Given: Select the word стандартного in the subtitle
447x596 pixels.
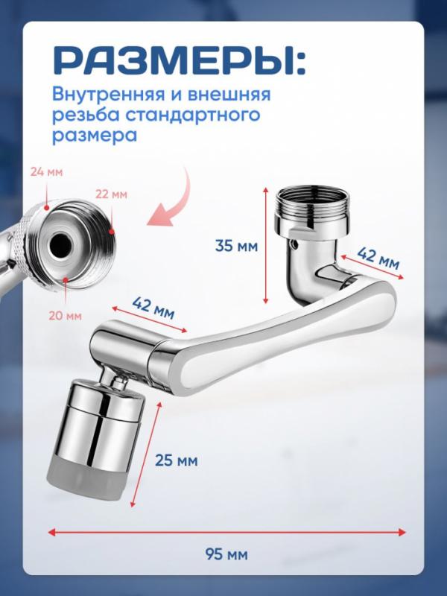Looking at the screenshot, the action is [x=193, y=115].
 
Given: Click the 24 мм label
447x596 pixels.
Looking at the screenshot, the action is [x=46, y=172].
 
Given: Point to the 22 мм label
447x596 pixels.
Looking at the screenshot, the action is [x=111, y=194].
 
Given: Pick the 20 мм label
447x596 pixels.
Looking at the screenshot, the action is [x=65, y=315].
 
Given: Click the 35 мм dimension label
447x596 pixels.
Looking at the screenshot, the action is [x=236, y=246].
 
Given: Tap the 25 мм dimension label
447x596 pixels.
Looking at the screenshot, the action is [x=177, y=460].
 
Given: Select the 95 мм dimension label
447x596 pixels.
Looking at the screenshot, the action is [x=226, y=554].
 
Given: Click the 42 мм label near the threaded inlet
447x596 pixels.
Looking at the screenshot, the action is [x=378, y=259].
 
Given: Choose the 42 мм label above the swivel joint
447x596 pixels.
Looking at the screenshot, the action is [x=153, y=308].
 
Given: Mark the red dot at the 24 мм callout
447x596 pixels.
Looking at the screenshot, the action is [x=46, y=208].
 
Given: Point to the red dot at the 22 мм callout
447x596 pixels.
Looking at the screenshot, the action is [x=111, y=232].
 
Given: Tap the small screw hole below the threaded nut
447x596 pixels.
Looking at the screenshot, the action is [x=295, y=244].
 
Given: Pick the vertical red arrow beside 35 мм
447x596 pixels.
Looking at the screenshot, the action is [x=266, y=245].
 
